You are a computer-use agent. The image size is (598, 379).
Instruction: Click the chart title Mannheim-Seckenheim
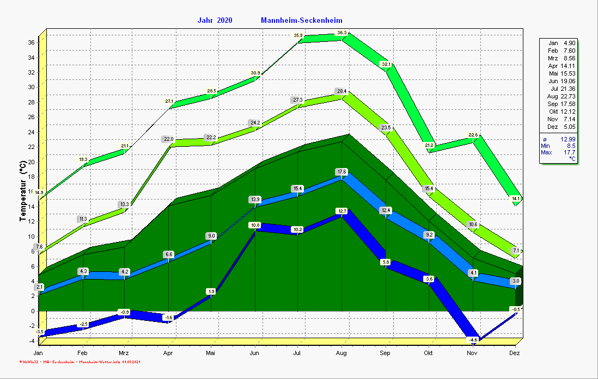(x=301, y=21)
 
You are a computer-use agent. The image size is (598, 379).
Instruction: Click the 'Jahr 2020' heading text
(x=215, y=21)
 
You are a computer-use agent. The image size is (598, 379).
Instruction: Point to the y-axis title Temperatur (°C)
(x=22, y=191)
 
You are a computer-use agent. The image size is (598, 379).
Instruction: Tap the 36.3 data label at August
(x=342, y=33)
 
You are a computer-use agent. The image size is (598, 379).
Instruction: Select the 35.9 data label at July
(x=298, y=35)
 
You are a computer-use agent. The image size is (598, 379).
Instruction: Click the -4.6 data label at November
(x=473, y=340)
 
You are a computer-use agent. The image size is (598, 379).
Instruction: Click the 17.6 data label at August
(x=342, y=172)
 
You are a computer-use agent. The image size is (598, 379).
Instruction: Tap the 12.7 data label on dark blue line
(x=342, y=210)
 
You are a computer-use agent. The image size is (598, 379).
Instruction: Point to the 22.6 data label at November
(x=473, y=135)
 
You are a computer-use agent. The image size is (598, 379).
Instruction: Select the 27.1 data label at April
(x=169, y=101)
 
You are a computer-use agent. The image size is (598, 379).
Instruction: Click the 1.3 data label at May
(x=212, y=291)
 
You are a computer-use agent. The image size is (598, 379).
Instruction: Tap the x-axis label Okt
(x=429, y=353)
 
